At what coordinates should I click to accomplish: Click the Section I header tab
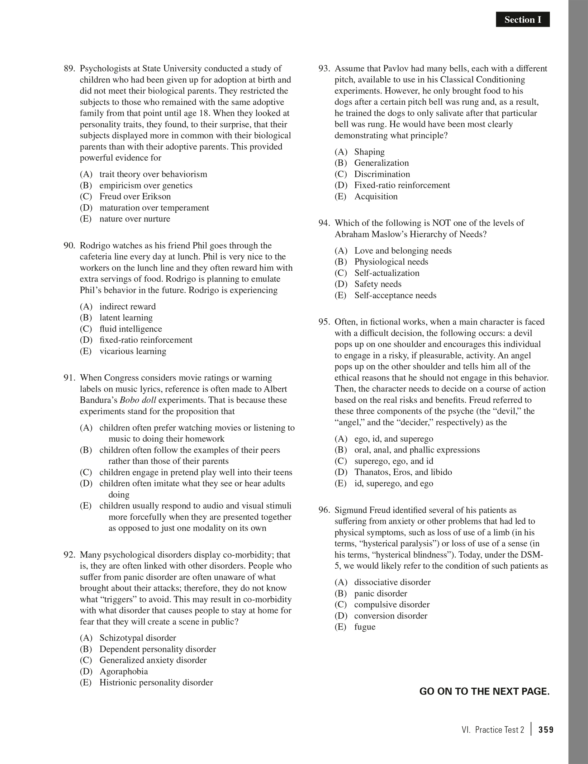(522, 20)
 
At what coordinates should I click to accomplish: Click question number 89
(69, 68)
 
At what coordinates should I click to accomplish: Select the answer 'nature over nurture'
(135, 219)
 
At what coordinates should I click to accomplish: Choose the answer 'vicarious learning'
(133, 351)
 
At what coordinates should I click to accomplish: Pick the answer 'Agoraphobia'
(124, 671)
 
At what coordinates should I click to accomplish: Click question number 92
(69, 555)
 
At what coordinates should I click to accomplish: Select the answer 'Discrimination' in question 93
(382, 174)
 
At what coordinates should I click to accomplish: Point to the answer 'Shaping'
(369, 152)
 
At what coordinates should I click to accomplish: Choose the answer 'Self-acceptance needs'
(395, 295)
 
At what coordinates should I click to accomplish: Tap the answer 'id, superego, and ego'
(394, 483)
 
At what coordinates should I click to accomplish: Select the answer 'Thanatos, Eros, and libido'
(403, 472)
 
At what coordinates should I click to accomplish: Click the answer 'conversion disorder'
(390, 616)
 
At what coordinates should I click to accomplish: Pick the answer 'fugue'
(365, 627)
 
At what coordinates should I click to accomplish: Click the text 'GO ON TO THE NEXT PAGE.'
(484, 691)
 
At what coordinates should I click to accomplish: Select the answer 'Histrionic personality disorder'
(156, 682)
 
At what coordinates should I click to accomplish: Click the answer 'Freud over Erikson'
(135, 196)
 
